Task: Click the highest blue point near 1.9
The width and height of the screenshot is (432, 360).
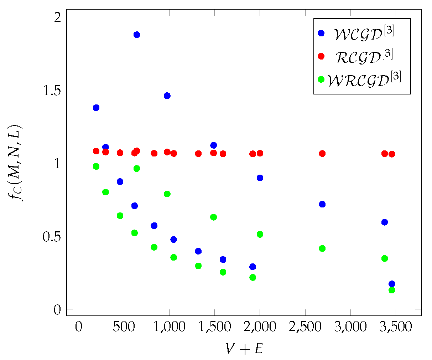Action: click(x=136, y=35)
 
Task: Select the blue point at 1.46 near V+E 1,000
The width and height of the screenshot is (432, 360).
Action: click(x=167, y=96)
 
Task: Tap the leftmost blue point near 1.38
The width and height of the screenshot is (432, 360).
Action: click(x=96, y=108)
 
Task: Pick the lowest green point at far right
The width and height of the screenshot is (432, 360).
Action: click(x=392, y=290)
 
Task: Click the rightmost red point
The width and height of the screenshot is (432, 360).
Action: click(x=392, y=154)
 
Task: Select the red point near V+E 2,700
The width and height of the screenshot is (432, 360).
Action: click(x=322, y=154)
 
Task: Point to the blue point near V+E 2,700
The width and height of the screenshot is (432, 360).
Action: click(x=322, y=204)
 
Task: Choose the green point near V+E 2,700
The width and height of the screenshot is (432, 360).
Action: click(x=322, y=248)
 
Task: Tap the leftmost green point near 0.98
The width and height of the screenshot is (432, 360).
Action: click(x=96, y=166)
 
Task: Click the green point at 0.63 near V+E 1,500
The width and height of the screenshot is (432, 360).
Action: click(x=214, y=217)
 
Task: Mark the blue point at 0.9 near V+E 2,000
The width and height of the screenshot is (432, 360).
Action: click(x=260, y=178)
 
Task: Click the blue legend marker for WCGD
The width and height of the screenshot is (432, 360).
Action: click(x=321, y=33)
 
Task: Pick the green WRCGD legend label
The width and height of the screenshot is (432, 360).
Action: click(x=364, y=79)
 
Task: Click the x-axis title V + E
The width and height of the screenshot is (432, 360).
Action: click(x=244, y=349)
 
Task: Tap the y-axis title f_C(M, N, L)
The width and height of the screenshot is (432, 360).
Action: click(x=16, y=163)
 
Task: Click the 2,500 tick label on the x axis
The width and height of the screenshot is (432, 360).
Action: click(x=305, y=327)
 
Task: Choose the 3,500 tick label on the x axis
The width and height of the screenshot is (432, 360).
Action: click(x=396, y=327)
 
